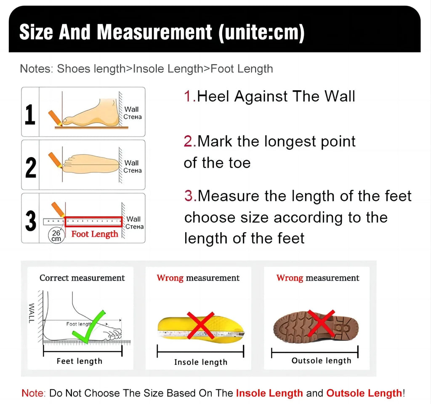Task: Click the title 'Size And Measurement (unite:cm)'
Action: (x=162, y=32)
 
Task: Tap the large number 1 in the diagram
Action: (x=30, y=115)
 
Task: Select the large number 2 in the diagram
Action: (x=30, y=167)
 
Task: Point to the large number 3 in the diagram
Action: (x=30, y=221)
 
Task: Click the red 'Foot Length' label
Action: (x=95, y=234)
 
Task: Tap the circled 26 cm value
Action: (x=56, y=235)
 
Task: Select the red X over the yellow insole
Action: (x=200, y=325)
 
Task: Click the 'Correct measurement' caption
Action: (x=82, y=278)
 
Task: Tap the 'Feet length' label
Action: (x=80, y=361)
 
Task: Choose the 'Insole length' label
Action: (x=201, y=362)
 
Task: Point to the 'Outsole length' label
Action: (x=321, y=361)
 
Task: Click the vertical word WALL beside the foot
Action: (x=31, y=313)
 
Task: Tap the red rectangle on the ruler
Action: (x=93, y=222)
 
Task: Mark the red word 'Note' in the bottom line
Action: (x=32, y=393)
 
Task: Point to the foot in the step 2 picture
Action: (x=91, y=162)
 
